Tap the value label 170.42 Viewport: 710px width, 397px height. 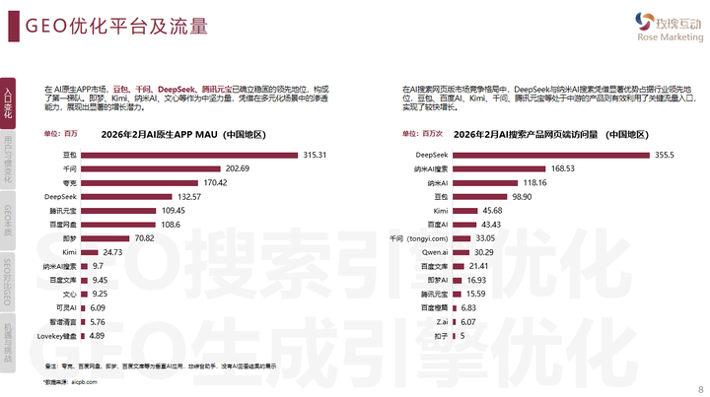coord(215,183)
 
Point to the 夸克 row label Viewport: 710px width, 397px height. coord(69,183)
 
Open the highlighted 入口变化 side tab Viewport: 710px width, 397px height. coord(8,103)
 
